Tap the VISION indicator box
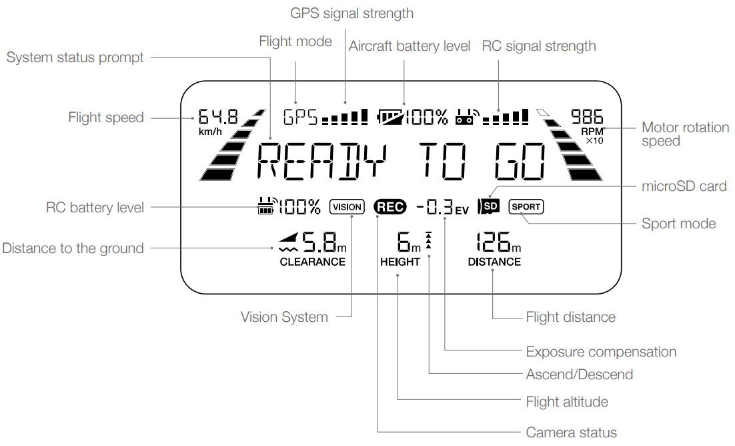tap(347, 207)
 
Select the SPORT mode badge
tap(526, 207)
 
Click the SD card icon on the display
tap(490, 206)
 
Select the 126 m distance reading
tap(494, 243)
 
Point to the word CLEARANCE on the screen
tap(312, 262)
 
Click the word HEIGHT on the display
tap(400, 262)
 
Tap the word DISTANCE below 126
tap(494, 262)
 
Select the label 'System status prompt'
tap(75, 58)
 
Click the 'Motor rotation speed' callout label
tap(685, 134)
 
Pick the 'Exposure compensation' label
tap(601, 352)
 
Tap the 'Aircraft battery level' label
tap(410, 46)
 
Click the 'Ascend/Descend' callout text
tap(579, 375)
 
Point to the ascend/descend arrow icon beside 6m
tap(428, 241)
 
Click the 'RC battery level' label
tap(95, 208)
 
